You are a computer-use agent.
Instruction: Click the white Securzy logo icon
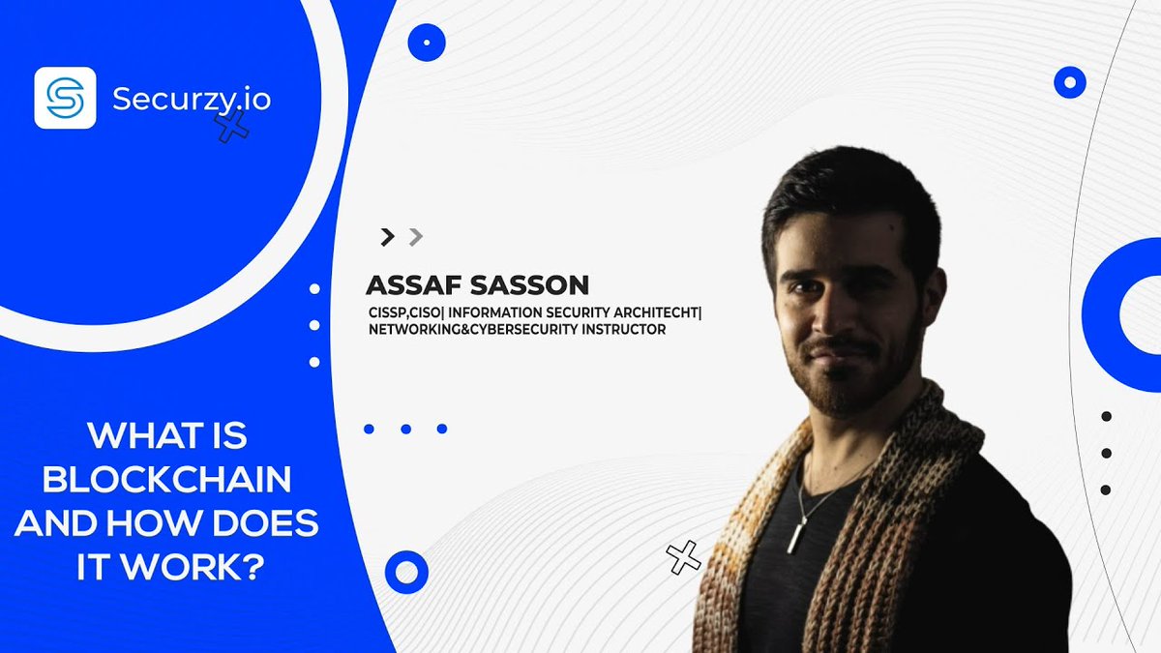click(65, 98)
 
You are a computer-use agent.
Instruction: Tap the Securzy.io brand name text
click(192, 99)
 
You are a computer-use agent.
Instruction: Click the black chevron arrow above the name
click(388, 236)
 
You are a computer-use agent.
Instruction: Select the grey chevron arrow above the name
click(415, 236)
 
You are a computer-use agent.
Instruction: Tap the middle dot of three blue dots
click(405, 429)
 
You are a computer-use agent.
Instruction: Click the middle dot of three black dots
click(1106, 453)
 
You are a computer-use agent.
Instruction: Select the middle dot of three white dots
click(313, 325)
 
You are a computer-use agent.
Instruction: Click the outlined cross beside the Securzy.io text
click(230, 125)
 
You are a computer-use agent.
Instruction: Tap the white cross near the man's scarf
click(683, 556)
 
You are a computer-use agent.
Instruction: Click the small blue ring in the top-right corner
click(1069, 82)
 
